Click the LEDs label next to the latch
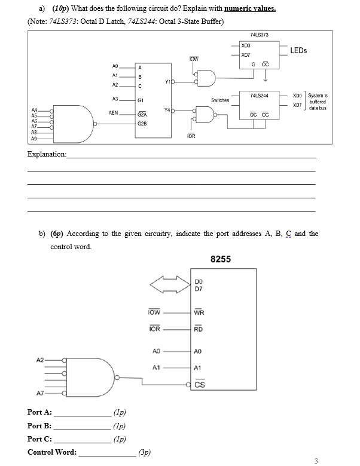pos(298,51)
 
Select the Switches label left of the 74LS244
pos(221,100)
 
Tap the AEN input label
pos(115,112)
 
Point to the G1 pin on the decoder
pos(140,102)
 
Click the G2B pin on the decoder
pos(142,124)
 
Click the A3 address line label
pos(115,98)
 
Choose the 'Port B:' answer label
pos(39,426)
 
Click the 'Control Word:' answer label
pos(52,452)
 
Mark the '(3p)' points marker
pos(144,452)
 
